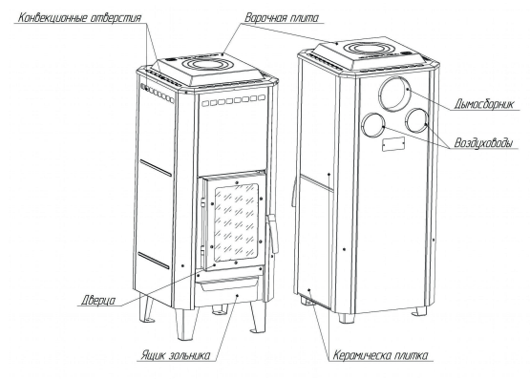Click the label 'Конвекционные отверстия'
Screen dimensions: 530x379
click(x=79, y=17)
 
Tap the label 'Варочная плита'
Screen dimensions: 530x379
click(x=282, y=17)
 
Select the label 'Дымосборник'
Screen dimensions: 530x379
click(x=484, y=104)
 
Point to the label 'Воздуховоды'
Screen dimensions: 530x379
click(x=483, y=143)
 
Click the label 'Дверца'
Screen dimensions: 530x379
click(x=98, y=301)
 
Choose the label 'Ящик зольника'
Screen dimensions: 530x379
click(x=176, y=355)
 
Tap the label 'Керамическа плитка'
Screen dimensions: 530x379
click(x=380, y=355)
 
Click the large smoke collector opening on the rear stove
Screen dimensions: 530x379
click(x=394, y=94)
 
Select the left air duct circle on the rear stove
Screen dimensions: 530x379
click(x=373, y=124)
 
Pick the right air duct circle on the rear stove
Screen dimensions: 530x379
click(x=417, y=120)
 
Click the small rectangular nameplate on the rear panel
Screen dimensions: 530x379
click(x=393, y=143)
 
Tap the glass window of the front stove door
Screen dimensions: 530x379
click(x=236, y=222)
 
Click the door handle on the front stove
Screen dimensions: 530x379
click(x=273, y=234)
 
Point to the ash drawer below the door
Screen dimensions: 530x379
click(x=229, y=284)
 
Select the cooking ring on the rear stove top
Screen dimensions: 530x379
click(x=371, y=48)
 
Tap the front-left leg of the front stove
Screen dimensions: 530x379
click(x=185, y=324)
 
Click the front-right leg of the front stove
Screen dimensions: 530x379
click(x=258, y=317)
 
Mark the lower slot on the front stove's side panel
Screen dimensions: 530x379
click(x=154, y=260)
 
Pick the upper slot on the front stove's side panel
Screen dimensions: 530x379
click(x=156, y=168)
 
